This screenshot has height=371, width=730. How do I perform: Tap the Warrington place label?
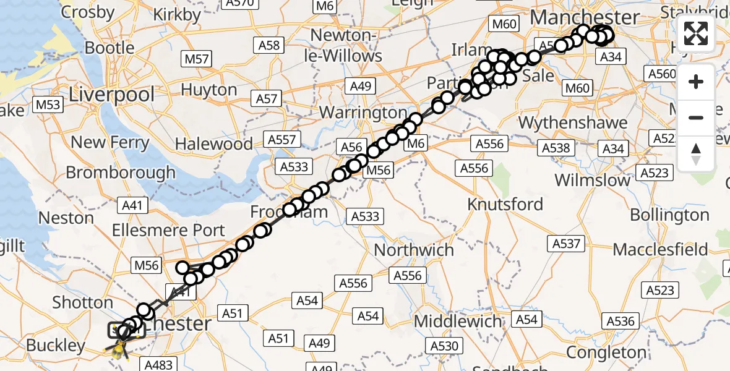click(364, 113)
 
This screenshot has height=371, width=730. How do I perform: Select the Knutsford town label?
click(505, 204)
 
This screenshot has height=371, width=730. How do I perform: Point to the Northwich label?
click(414, 250)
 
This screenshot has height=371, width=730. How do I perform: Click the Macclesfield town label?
click(660, 249)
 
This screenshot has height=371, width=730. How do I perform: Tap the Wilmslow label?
click(592, 181)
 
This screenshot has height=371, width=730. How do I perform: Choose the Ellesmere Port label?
click(168, 230)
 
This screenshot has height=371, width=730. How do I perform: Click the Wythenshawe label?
click(573, 123)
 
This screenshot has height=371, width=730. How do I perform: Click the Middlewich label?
click(458, 322)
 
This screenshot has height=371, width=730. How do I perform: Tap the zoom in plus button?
click(696, 82)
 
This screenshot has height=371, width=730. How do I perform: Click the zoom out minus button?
click(696, 117)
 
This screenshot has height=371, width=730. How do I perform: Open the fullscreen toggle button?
click(696, 33)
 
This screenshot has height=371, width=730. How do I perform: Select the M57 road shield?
click(196, 59)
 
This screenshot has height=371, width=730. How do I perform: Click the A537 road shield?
click(566, 244)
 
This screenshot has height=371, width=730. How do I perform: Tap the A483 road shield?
click(158, 365)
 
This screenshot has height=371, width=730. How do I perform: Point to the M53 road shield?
click(48, 104)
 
